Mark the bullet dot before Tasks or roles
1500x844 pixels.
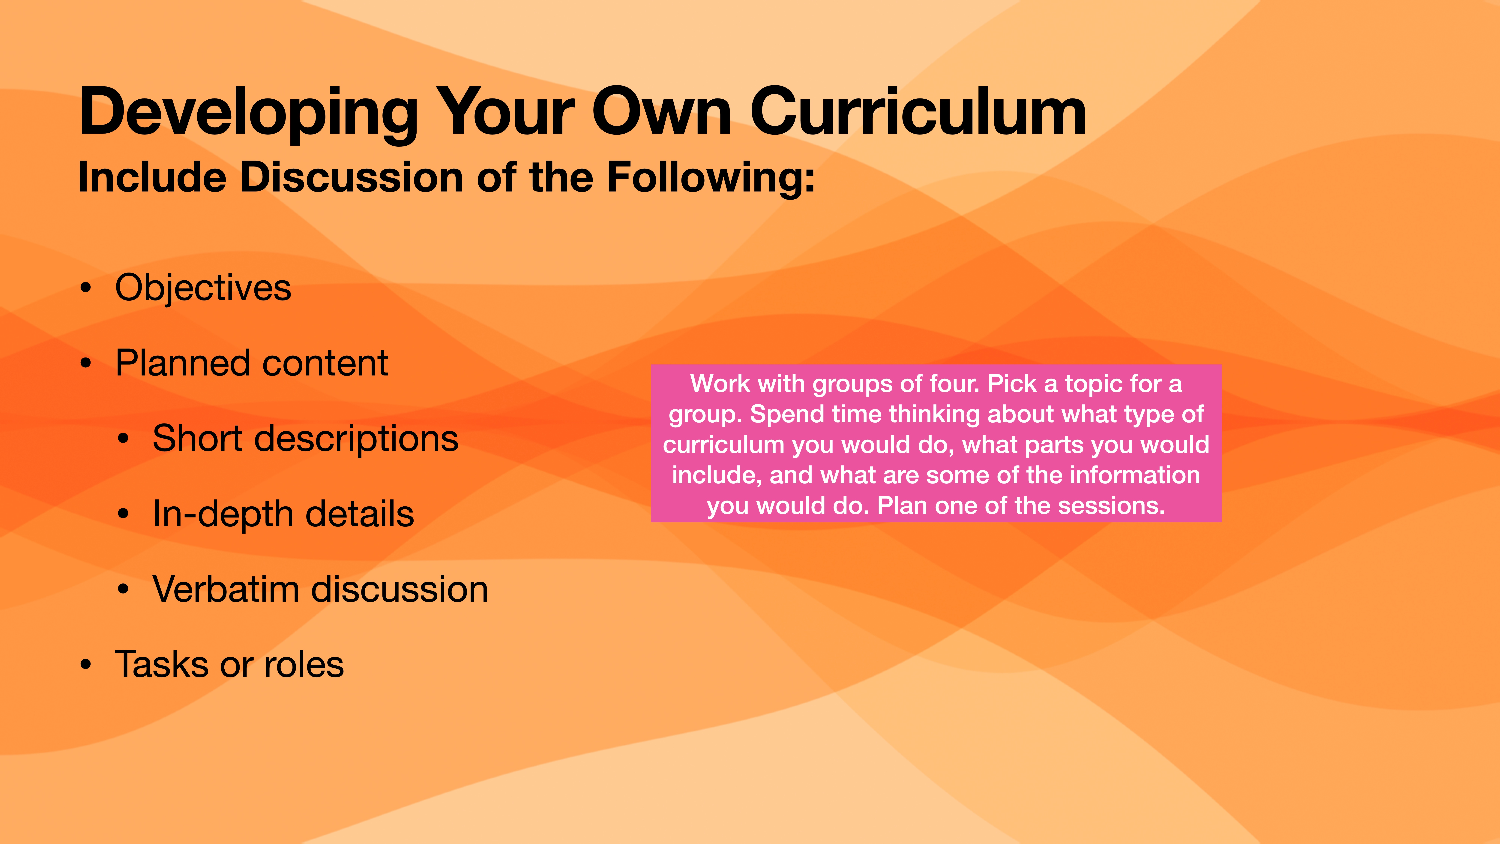click(x=86, y=665)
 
